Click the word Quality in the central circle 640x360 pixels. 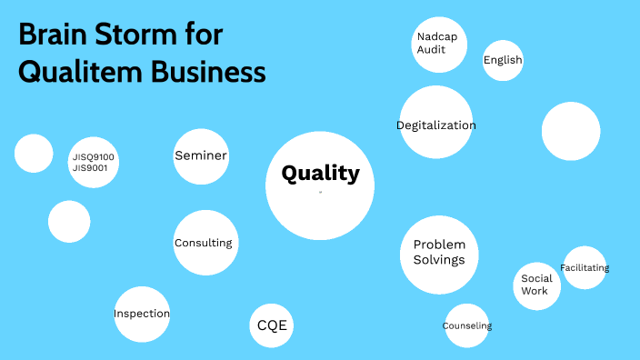point(320,174)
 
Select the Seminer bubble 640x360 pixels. point(200,156)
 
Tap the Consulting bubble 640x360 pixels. point(204,243)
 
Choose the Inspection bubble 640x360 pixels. point(142,314)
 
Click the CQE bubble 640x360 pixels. point(273,325)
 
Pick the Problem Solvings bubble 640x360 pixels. point(439,253)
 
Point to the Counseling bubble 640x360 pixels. point(467,325)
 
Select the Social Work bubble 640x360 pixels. point(535,285)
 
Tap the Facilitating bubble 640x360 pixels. point(585,268)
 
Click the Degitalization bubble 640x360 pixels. point(436,125)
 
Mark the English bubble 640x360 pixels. point(503,61)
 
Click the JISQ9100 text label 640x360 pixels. point(94,157)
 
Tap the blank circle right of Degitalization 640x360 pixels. point(571,131)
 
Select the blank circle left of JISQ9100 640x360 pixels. point(34,153)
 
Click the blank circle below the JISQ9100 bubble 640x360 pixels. point(69,222)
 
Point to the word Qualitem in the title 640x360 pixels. point(70,71)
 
